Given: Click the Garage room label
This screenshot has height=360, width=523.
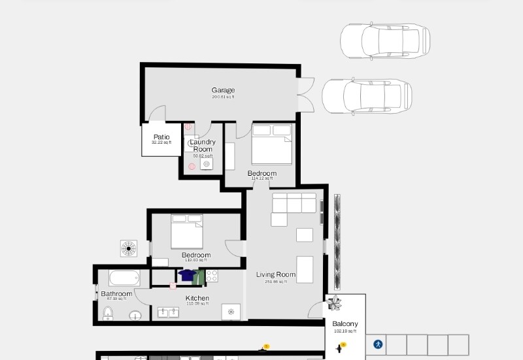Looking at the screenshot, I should click(223, 90).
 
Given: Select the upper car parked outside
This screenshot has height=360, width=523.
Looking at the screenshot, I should click(384, 40).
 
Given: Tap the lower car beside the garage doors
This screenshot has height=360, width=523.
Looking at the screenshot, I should click(367, 96).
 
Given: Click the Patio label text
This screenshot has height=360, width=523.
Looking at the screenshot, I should click(161, 137).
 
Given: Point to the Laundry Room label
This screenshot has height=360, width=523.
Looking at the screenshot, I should click(203, 145).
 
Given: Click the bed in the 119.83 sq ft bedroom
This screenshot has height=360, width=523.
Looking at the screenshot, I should click(187, 231).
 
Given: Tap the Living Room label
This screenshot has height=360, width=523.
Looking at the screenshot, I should click(276, 274).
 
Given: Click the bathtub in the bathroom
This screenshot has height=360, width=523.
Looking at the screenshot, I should click(124, 278).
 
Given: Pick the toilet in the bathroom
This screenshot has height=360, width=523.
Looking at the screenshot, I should click(109, 315).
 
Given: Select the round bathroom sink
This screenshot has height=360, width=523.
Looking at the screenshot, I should click(135, 316).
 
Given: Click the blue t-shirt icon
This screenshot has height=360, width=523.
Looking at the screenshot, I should click(187, 275).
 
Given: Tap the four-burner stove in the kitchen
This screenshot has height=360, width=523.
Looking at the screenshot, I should click(212, 276).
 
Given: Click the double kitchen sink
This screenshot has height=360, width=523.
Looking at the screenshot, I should click(169, 312).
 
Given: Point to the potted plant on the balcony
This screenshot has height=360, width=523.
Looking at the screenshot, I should click(335, 303).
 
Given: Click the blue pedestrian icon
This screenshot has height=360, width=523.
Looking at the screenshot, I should click(378, 344).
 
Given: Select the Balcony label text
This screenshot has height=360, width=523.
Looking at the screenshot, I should click(345, 324).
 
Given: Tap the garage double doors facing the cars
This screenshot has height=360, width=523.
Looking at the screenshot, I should click(305, 95).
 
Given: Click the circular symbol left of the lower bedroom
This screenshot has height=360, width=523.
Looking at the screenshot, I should click(129, 248).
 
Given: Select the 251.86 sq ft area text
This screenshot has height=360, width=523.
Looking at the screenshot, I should click(276, 282).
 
